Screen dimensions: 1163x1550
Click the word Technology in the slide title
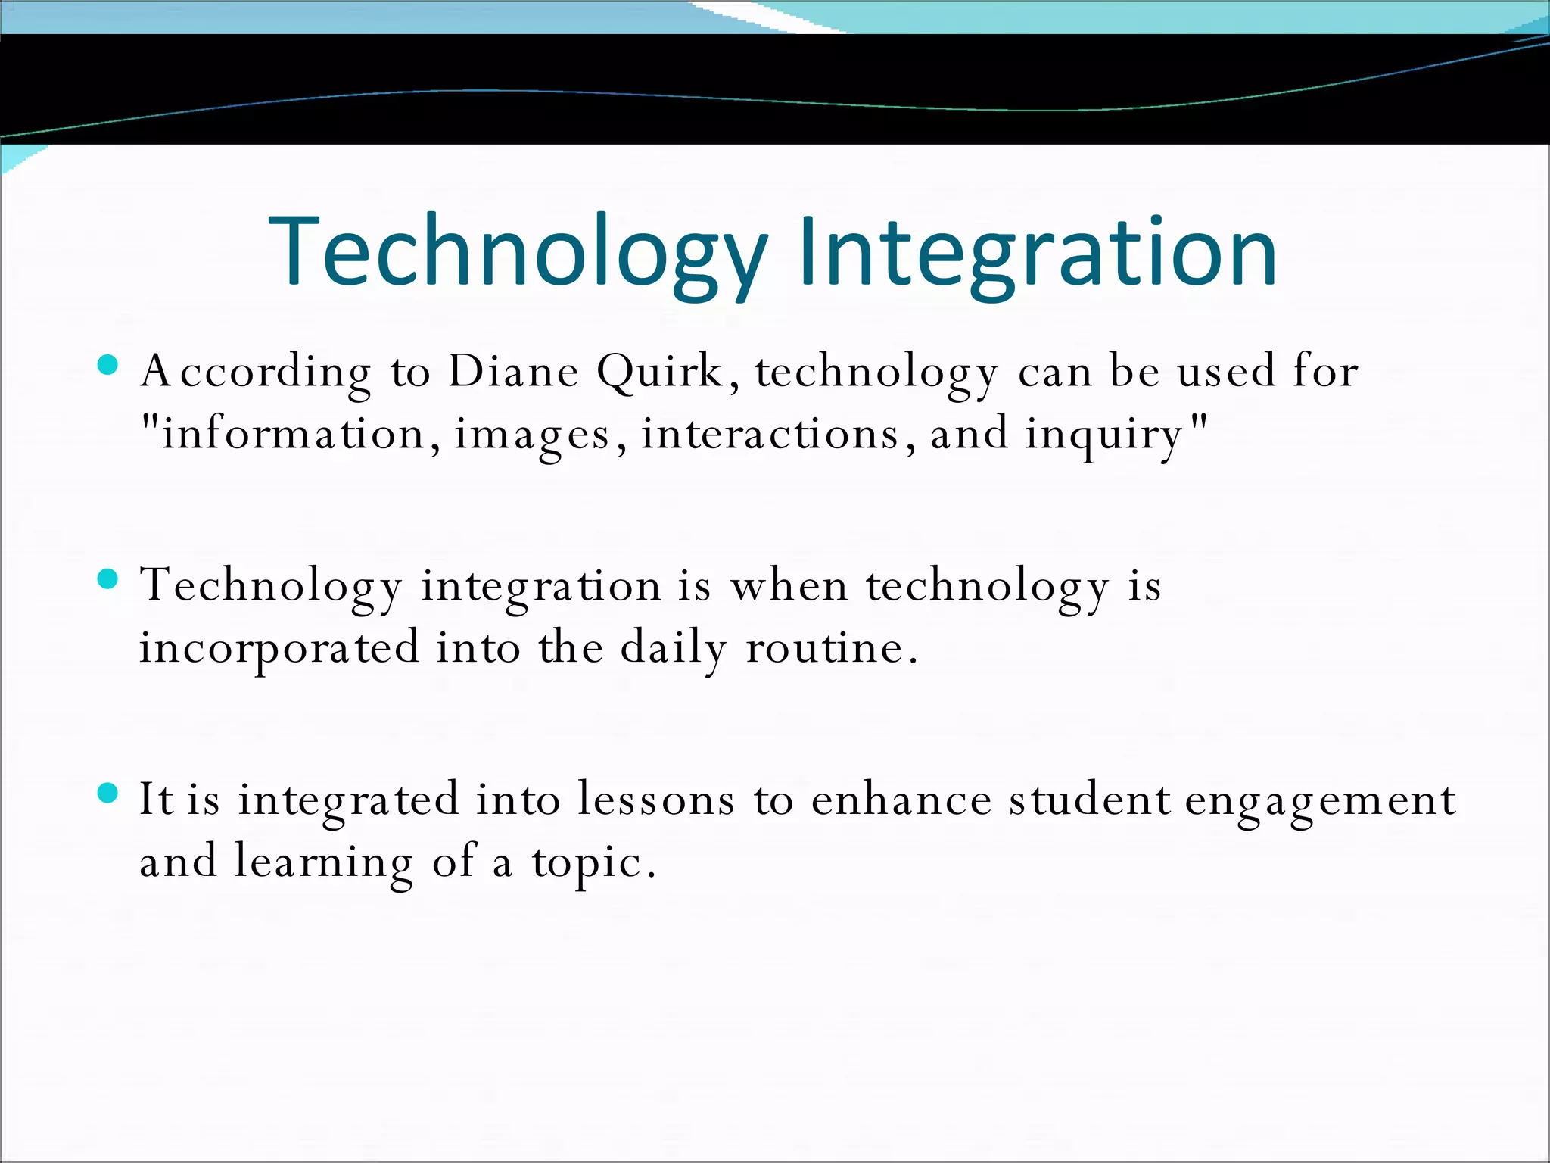tap(518, 251)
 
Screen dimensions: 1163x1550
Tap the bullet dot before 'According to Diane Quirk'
tap(108, 365)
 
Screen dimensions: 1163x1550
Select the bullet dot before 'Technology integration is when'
tap(108, 579)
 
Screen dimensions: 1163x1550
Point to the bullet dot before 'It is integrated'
tap(108, 793)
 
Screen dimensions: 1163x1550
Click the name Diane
tap(513, 371)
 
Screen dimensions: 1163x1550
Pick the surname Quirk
tap(660, 371)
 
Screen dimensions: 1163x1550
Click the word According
tap(256, 373)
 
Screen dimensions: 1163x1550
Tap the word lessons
tap(655, 800)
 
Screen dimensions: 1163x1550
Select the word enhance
tap(901, 800)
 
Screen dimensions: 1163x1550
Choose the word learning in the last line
tap(323, 863)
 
